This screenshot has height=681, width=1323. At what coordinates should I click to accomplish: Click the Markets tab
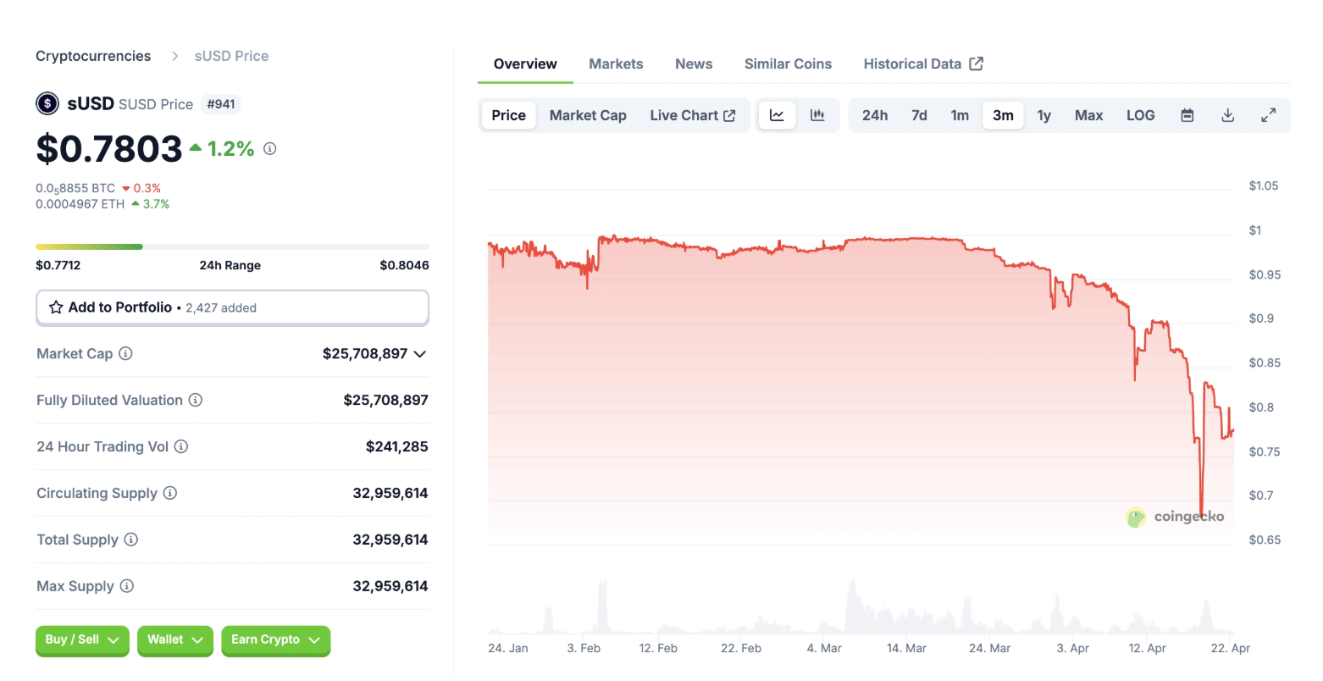[x=616, y=64]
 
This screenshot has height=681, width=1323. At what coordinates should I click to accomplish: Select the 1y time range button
[x=1043, y=115]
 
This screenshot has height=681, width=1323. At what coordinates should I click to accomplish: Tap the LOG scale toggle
[x=1140, y=115]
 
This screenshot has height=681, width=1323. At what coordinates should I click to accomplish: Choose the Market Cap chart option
[x=588, y=115]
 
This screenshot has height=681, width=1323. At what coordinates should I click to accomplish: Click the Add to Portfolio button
[x=232, y=307]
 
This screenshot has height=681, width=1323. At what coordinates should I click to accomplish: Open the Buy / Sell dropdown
[x=82, y=639]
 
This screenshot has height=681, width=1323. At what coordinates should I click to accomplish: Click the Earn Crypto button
[x=275, y=639]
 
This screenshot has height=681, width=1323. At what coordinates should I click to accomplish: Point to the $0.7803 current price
[x=109, y=149]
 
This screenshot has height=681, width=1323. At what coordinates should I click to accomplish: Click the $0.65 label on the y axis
[x=1265, y=540]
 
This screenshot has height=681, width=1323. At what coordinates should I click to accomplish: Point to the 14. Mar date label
[x=906, y=648]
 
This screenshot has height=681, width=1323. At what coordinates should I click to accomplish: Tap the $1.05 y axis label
[x=1263, y=185]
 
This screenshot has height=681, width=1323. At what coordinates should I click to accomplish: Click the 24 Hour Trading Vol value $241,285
[x=396, y=446]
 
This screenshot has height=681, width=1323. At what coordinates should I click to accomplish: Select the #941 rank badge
[x=221, y=104]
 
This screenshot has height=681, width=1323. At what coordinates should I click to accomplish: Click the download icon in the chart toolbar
[x=1227, y=115]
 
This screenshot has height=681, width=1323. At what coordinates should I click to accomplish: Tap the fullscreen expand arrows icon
[x=1268, y=115]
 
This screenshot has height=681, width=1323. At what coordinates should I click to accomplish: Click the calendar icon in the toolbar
[x=1187, y=115]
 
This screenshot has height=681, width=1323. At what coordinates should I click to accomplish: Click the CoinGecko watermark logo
[x=1175, y=516]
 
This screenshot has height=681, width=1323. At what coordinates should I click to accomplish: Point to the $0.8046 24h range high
[x=404, y=265]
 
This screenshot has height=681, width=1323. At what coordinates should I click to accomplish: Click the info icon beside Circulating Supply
[x=170, y=493]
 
